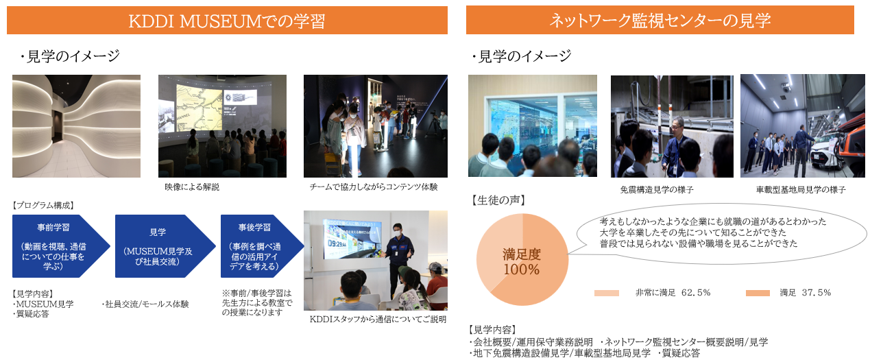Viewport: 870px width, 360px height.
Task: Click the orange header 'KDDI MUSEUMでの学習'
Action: [x=227, y=20]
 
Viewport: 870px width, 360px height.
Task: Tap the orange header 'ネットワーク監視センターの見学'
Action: [x=660, y=20]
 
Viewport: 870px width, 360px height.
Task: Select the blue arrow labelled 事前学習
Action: [x=61, y=246]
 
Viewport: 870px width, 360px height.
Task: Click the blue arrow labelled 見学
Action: [x=165, y=246]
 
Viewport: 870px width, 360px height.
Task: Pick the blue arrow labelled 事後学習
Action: [x=262, y=246]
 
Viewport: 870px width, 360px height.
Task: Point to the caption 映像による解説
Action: [x=192, y=187]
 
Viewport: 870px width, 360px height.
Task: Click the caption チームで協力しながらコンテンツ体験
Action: [x=374, y=187]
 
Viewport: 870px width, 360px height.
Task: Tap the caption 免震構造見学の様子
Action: [x=657, y=190]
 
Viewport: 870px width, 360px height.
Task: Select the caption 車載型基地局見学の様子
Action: [x=801, y=190]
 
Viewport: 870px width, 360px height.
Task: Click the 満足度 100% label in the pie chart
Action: [x=522, y=262]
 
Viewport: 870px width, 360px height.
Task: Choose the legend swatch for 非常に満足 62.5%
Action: [x=606, y=293]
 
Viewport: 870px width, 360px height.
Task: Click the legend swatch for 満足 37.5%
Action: [x=758, y=293]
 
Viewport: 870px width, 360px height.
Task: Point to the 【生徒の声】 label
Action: [x=498, y=200]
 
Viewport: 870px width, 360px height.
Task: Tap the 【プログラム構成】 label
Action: [x=43, y=206]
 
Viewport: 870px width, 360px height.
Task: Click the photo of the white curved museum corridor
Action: [x=76, y=126]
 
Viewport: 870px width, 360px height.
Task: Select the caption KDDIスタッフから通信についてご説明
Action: [x=378, y=320]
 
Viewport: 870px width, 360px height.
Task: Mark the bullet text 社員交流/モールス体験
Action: [x=145, y=304]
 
